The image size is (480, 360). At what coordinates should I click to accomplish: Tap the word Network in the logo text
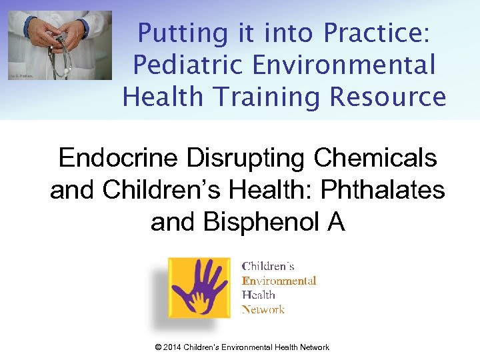click(263, 309)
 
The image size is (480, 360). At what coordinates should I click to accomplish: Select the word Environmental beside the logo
click(279, 281)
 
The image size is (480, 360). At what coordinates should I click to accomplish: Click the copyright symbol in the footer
click(157, 347)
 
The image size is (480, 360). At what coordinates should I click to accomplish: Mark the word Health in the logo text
click(259, 295)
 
